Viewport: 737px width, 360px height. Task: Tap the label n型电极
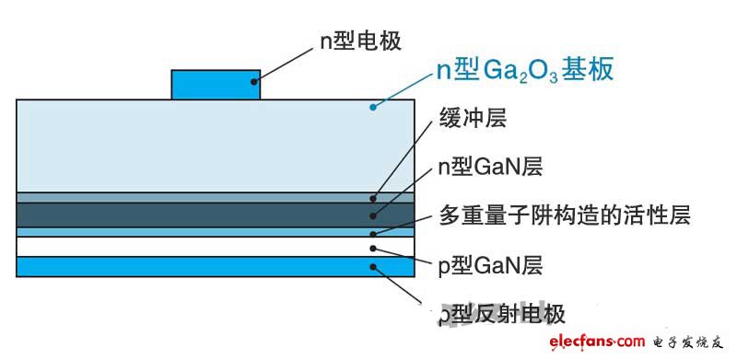click(x=360, y=40)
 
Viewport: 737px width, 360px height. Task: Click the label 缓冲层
click(x=473, y=118)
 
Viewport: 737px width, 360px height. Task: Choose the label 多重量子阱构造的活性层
click(x=563, y=216)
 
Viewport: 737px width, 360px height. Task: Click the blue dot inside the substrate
click(x=372, y=107)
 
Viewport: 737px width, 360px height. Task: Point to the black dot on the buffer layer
click(x=373, y=197)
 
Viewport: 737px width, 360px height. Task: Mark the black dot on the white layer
click(x=372, y=248)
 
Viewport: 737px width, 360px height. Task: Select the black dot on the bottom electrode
click(x=372, y=268)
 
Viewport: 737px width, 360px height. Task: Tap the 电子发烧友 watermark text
click(x=686, y=343)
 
